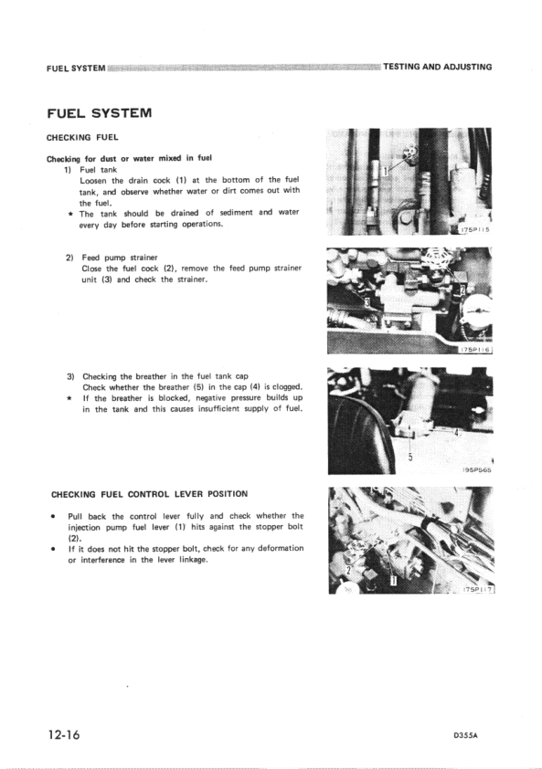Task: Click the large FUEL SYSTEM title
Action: (x=98, y=113)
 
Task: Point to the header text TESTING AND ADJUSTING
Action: (x=438, y=67)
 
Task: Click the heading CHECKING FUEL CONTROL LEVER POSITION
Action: (x=149, y=494)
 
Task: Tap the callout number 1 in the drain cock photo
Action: (x=388, y=170)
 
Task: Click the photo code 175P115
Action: (x=474, y=230)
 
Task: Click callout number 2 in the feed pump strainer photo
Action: (x=463, y=291)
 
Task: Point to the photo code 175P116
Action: (x=475, y=349)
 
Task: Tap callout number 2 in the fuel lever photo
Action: (x=348, y=568)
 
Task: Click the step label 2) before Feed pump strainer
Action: (x=69, y=258)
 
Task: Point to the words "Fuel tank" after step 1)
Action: (x=97, y=170)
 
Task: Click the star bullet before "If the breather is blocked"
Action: (x=69, y=399)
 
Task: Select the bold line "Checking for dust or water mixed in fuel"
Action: (x=129, y=158)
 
